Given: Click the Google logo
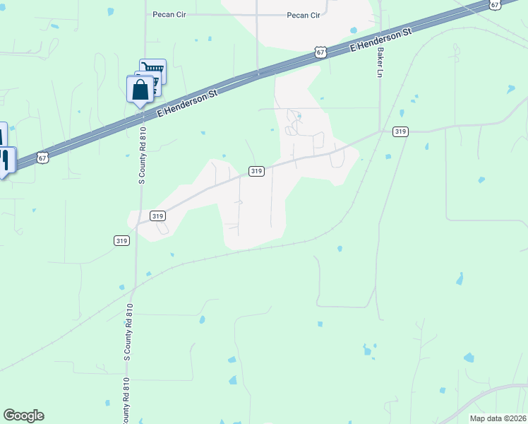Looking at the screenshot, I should (23, 416).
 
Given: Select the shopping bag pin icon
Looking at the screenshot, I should (140, 90).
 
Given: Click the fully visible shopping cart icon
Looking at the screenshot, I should (152, 71).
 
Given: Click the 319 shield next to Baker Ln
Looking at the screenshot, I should (401, 131).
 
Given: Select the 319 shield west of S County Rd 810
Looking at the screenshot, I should (121, 240).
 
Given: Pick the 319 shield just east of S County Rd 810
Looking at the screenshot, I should (157, 216).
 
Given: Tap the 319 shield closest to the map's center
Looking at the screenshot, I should (256, 171).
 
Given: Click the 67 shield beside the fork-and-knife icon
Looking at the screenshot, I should (44, 158).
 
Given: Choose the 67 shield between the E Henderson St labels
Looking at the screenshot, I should (321, 52).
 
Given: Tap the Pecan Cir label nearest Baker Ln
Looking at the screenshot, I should (304, 15).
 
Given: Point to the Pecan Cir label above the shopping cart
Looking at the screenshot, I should (168, 14).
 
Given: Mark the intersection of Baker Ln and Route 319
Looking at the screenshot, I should (380, 131).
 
